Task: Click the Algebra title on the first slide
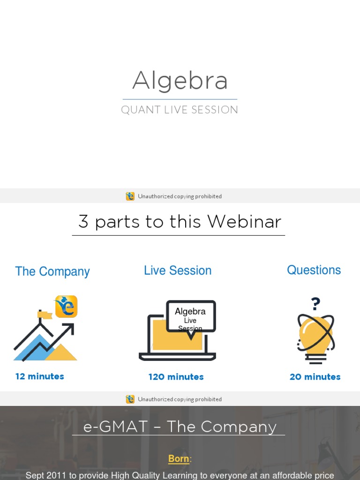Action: pyautogui.click(x=180, y=81)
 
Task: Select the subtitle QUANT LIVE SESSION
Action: pyautogui.click(x=180, y=110)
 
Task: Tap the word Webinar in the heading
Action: pyautogui.click(x=244, y=221)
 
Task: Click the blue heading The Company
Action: pyautogui.click(x=52, y=271)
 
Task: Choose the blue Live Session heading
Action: pyautogui.click(x=178, y=270)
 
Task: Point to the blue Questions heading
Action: pyautogui.click(x=314, y=270)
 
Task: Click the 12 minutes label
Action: pyautogui.click(x=40, y=376)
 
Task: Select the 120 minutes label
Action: pyautogui.click(x=176, y=377)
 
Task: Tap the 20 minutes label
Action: pyautogui.click(x=315, y=377)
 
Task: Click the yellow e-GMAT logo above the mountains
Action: pyautogui.click(x=66, y=307)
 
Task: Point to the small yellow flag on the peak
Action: pyautogui.click(x=45, y=315)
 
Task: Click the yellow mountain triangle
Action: pyautogui.click(x=61, y=352)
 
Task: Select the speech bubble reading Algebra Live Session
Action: pyautogui.click(x=191, y=317)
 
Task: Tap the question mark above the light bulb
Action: pyautogui.click(x=315, y=304)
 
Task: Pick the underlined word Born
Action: pyautogui.click(x=179, y=458)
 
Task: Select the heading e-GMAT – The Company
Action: pyautogui.click(x=180, y=427)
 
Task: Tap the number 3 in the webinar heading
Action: pyautogui.click(x=83, y=221)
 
